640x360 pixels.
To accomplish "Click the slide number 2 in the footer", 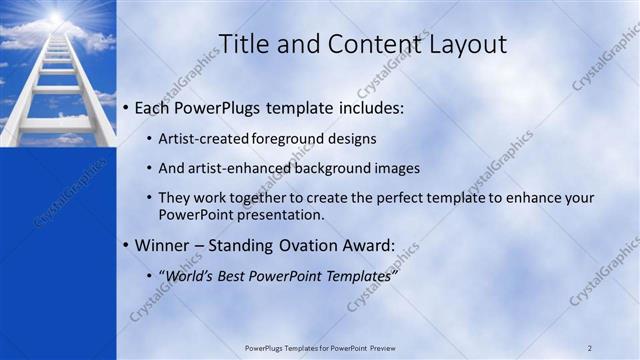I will click(590, 348).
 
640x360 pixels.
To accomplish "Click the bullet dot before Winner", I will click(124, 245).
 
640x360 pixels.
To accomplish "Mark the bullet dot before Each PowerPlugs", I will click(124, 107).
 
